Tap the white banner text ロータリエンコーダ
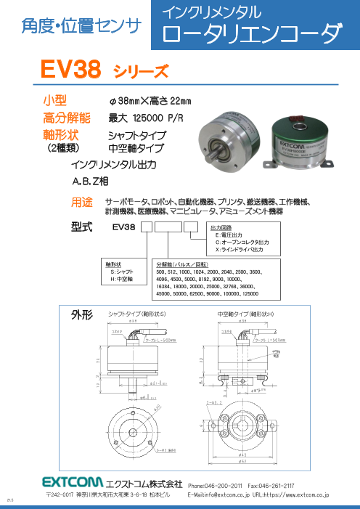[x=250, y=34]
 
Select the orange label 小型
[x=57, y=100]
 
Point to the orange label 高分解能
[x=67, y=118]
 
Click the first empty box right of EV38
[x=146, y=228]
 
